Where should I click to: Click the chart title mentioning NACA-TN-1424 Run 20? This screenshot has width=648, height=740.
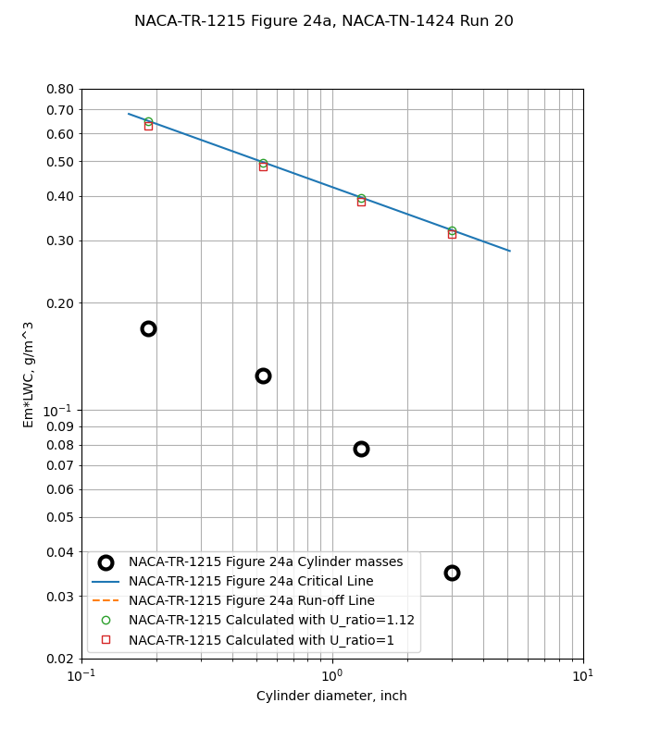pos(324,21)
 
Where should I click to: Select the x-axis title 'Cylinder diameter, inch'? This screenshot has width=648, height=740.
pos(331,696)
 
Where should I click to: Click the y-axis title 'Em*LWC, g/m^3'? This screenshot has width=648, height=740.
pos(29,374)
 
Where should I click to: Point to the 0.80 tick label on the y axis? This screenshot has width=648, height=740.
pos(60,89)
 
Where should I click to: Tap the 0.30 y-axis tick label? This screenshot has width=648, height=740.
pos(60,240)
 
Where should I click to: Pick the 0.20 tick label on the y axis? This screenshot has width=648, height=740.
pos(60,302)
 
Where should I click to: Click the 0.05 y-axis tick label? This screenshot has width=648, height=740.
pos(60,517)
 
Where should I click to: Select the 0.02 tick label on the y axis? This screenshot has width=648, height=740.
pos(60,659)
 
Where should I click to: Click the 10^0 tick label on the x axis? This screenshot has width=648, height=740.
pos(331,676)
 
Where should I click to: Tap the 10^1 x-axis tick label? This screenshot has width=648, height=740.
pos(582,676)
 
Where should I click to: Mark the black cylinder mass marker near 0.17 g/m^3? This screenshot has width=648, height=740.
pos(148,328)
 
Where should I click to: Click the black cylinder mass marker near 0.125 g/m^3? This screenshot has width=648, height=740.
pos(263,376)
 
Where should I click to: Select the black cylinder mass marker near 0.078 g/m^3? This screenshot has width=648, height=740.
pos(361,449)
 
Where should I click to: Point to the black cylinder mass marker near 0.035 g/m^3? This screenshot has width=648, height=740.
pos(452,573)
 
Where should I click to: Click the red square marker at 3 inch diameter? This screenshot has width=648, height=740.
pos(452,234)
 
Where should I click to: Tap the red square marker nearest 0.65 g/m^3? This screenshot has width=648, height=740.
pos(148,126)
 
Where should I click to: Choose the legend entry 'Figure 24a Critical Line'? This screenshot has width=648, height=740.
pos(251,582)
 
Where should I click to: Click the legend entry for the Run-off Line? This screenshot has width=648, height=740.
pos(251,601)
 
